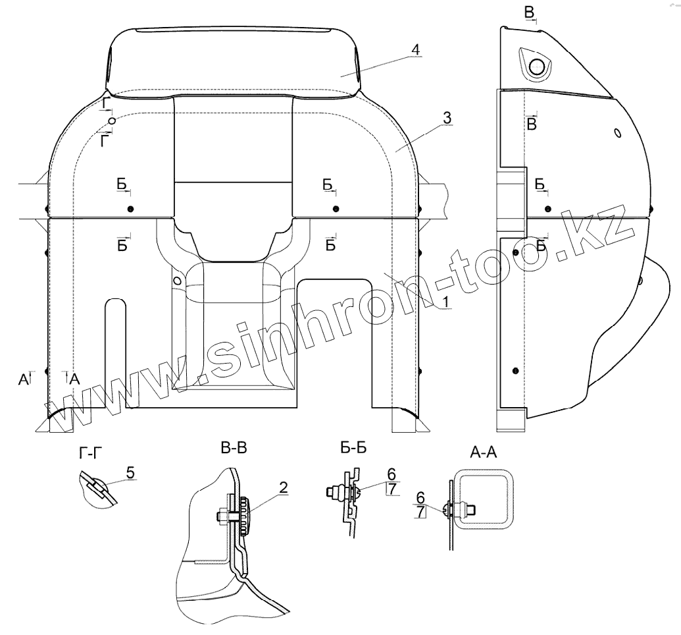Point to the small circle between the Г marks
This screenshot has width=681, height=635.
pyautogui.click(x=113, y=121)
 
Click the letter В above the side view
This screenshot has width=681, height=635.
pyautogui.click(x=530, y=12)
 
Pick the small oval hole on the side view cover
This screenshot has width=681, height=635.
pyautogui.click(x=617, y=133)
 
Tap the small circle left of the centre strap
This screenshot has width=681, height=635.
pyautogui.click(x=177, y=279)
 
